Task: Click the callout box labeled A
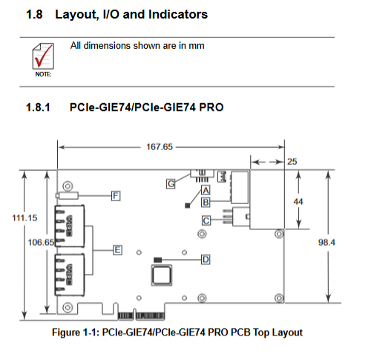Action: [206, 191]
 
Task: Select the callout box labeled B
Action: [206, 203]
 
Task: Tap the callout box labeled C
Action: [206, 220]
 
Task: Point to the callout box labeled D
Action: [206, 260]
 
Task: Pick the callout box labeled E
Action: [117, 250]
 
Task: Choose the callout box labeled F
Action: [116, 196]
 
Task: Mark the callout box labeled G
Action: [171, 184]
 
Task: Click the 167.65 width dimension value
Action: [160, 147]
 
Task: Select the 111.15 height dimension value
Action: [24, 218]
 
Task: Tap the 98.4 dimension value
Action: [326, 242]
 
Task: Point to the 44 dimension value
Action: [298, 202]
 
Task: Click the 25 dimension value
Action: [292, 162]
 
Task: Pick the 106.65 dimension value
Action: [41, 242]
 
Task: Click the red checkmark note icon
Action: [43, 56]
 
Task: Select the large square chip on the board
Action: [162, 275]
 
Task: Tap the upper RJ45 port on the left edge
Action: [70, 226]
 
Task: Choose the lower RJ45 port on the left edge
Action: [70, 275]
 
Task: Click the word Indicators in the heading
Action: [178, 14]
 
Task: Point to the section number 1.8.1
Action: [38, 108]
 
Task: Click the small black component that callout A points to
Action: [188, 206]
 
